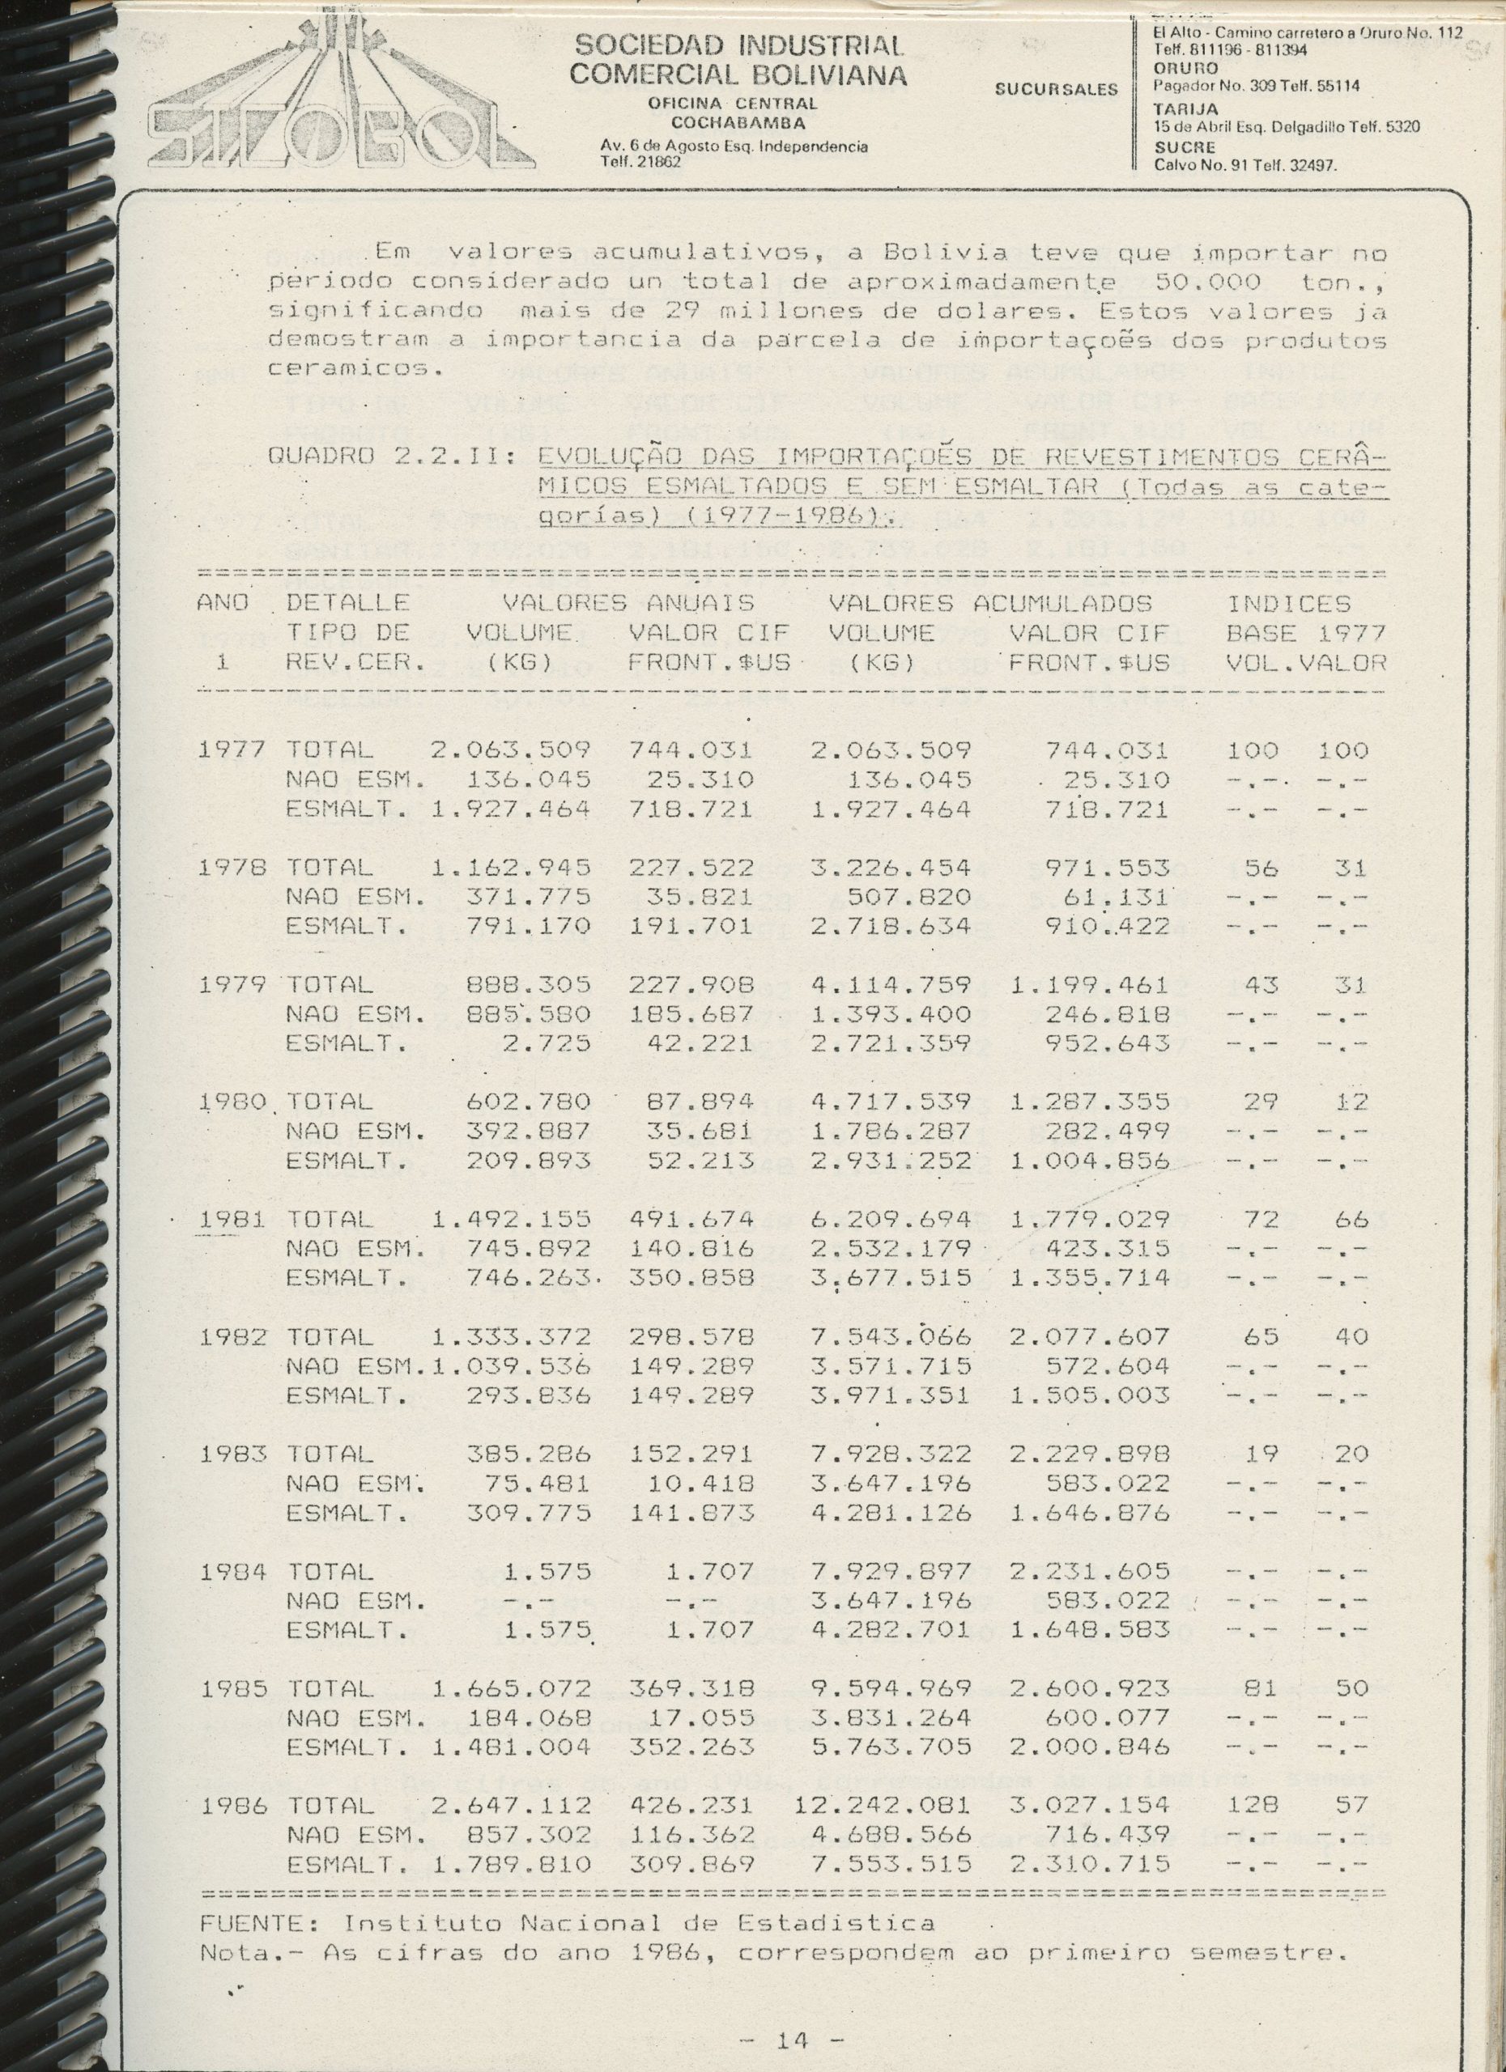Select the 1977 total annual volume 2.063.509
511,751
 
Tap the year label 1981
232,1219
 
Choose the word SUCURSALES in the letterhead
1056,90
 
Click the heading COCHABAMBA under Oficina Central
738,122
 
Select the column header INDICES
1287,604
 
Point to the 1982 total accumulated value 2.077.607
1089,1336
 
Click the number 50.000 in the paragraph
1208,282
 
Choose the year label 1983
232,1454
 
